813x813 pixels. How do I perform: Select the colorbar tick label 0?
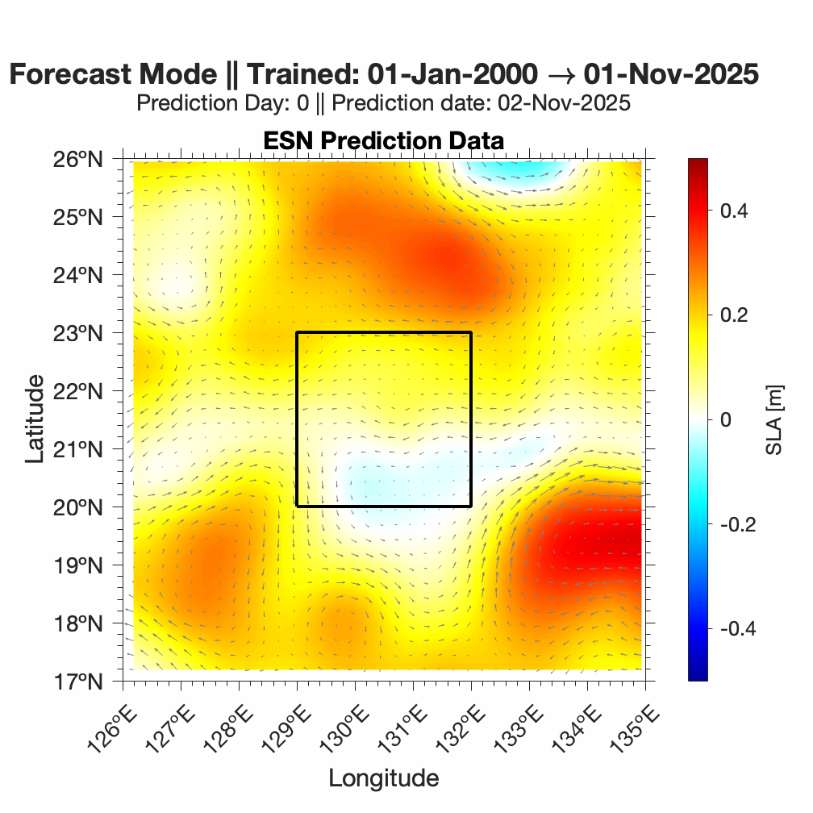725,419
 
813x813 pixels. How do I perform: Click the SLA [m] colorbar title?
775,419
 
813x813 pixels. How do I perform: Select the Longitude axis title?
383,778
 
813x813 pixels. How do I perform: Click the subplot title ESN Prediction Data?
383,140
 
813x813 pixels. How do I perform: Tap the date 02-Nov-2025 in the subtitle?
557,103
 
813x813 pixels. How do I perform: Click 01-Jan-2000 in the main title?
451,75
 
